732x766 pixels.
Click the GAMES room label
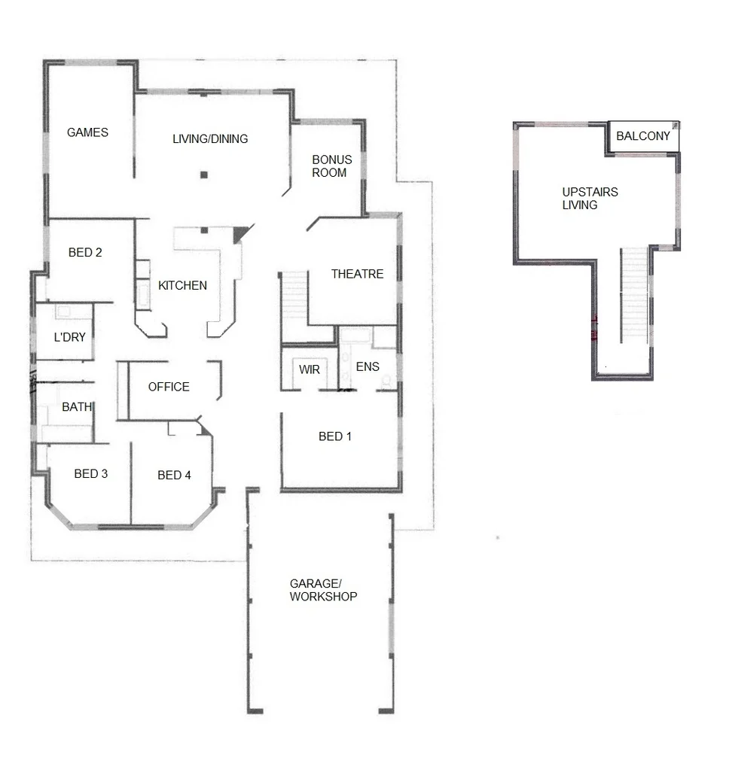click(87, 132)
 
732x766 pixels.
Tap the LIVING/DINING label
click(210, 138)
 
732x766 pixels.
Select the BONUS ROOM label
click(331, 166)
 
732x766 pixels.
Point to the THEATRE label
click(357, 274)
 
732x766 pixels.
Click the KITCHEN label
click(182, 285)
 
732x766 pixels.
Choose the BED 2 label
click(85, 252)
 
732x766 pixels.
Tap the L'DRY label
click(70, 337)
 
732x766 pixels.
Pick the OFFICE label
click(169, 387)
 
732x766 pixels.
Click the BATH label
click(77, 407)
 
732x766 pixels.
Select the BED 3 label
click(90, 473)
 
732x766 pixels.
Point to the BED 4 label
click(174, 475)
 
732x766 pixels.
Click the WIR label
click(310, 370)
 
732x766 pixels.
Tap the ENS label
click(367, 366)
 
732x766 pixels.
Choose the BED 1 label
click(335, 436)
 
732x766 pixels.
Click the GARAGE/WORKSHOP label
click(323, 590)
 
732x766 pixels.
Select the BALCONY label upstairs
click(642, 136)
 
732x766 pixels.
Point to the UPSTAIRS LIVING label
click(590, 198)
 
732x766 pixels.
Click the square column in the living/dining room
click(203, 175)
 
